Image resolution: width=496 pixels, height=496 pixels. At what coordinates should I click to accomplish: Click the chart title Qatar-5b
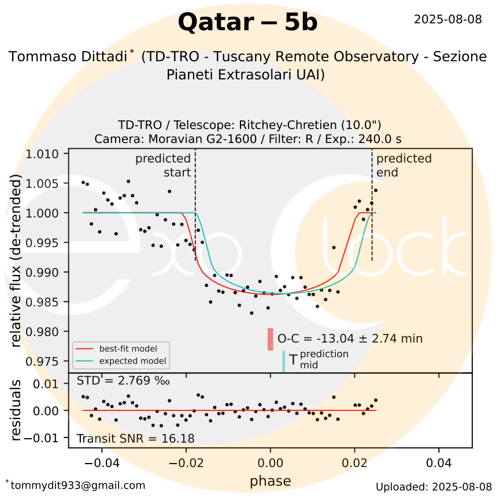tap(247, 23)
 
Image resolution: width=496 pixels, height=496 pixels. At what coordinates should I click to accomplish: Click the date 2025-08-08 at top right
tap(447, 19)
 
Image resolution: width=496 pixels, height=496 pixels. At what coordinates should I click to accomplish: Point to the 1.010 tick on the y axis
tap(45, 154)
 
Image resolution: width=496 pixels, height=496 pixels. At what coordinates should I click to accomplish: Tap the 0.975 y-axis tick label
tap(45, 361)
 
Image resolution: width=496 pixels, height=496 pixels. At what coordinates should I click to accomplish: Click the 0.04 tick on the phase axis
tap(439, 464)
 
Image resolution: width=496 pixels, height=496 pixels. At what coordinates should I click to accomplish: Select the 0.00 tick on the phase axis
tap(270, 464)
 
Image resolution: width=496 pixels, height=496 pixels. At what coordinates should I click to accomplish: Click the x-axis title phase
tap(270, 481)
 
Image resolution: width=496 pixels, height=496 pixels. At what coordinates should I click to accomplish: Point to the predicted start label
tap(163, 165)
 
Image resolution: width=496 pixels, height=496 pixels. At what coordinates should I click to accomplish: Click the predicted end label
tap(404, 165)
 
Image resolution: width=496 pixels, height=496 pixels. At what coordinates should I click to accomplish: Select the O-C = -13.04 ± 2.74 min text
tap(350, 339)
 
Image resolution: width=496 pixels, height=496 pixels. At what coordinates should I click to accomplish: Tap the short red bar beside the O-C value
tap(270, 339)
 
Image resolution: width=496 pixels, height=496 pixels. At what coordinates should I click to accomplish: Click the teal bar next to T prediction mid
tap(283, 361)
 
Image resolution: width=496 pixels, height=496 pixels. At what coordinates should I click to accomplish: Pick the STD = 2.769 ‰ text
tap(123, 380)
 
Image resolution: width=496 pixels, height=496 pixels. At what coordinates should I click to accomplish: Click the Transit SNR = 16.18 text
tap(135, 438)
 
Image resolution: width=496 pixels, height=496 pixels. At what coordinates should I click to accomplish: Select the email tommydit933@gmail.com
tap(75, 485)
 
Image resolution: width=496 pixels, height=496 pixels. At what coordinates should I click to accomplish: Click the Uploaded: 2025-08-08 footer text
tap(434, 486)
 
